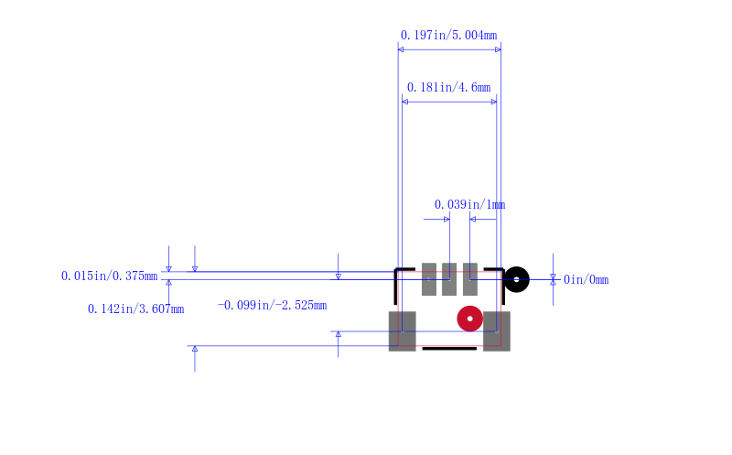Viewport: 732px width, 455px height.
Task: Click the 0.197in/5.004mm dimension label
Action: [x=448, y=35]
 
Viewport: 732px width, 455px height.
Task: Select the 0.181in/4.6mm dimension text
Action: [x=448, y=87]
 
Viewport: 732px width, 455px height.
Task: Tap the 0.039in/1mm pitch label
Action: [x=469, y=204]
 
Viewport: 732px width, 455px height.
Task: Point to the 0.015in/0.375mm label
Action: [x=109, y=276]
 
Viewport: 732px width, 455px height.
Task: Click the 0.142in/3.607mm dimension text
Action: [x=135, y=309]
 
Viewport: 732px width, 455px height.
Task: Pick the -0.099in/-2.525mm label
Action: [x=272, y=306]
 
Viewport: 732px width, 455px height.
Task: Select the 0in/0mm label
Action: [x=586, y=280]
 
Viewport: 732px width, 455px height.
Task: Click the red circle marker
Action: [x=469, y=319]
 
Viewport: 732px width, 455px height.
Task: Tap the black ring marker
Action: [x=516, y=279]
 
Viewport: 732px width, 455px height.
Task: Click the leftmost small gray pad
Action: [x=429, y=279]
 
